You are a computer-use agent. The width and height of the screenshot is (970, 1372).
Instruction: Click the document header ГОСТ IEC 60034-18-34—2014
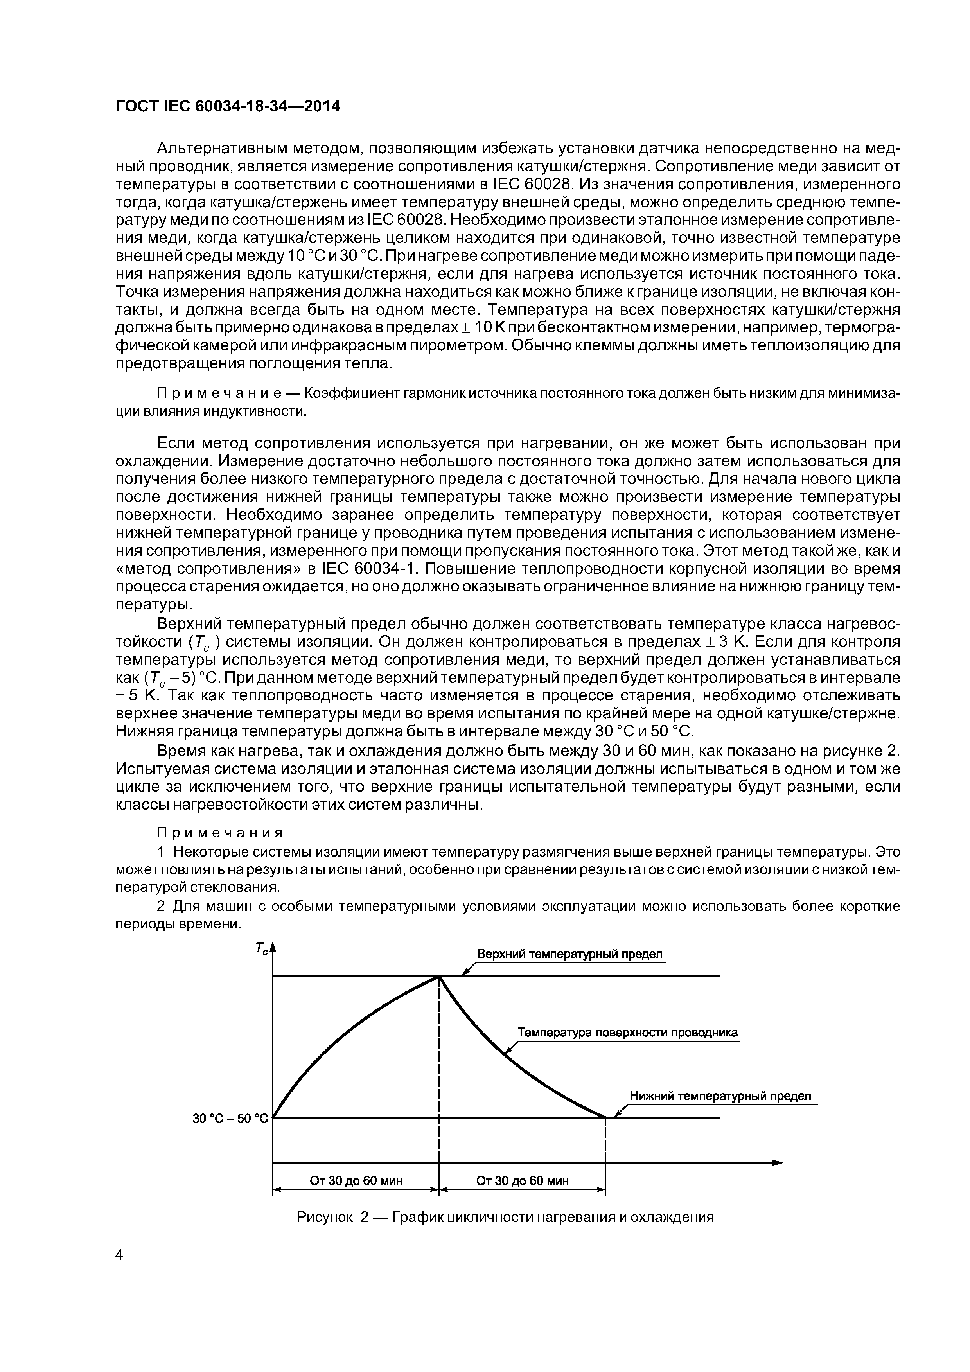pos(227,106)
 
